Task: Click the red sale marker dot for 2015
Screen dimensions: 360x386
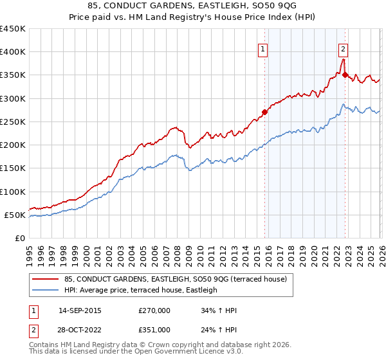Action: pos(264,112)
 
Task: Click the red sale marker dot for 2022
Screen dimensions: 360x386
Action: pos(345,75)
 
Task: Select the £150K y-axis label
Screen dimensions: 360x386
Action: pos(13,168)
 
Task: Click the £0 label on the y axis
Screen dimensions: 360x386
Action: pos(19,239)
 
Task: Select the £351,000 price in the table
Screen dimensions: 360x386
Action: pos(154,329)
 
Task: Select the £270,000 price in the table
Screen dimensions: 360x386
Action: pos(154,310)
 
